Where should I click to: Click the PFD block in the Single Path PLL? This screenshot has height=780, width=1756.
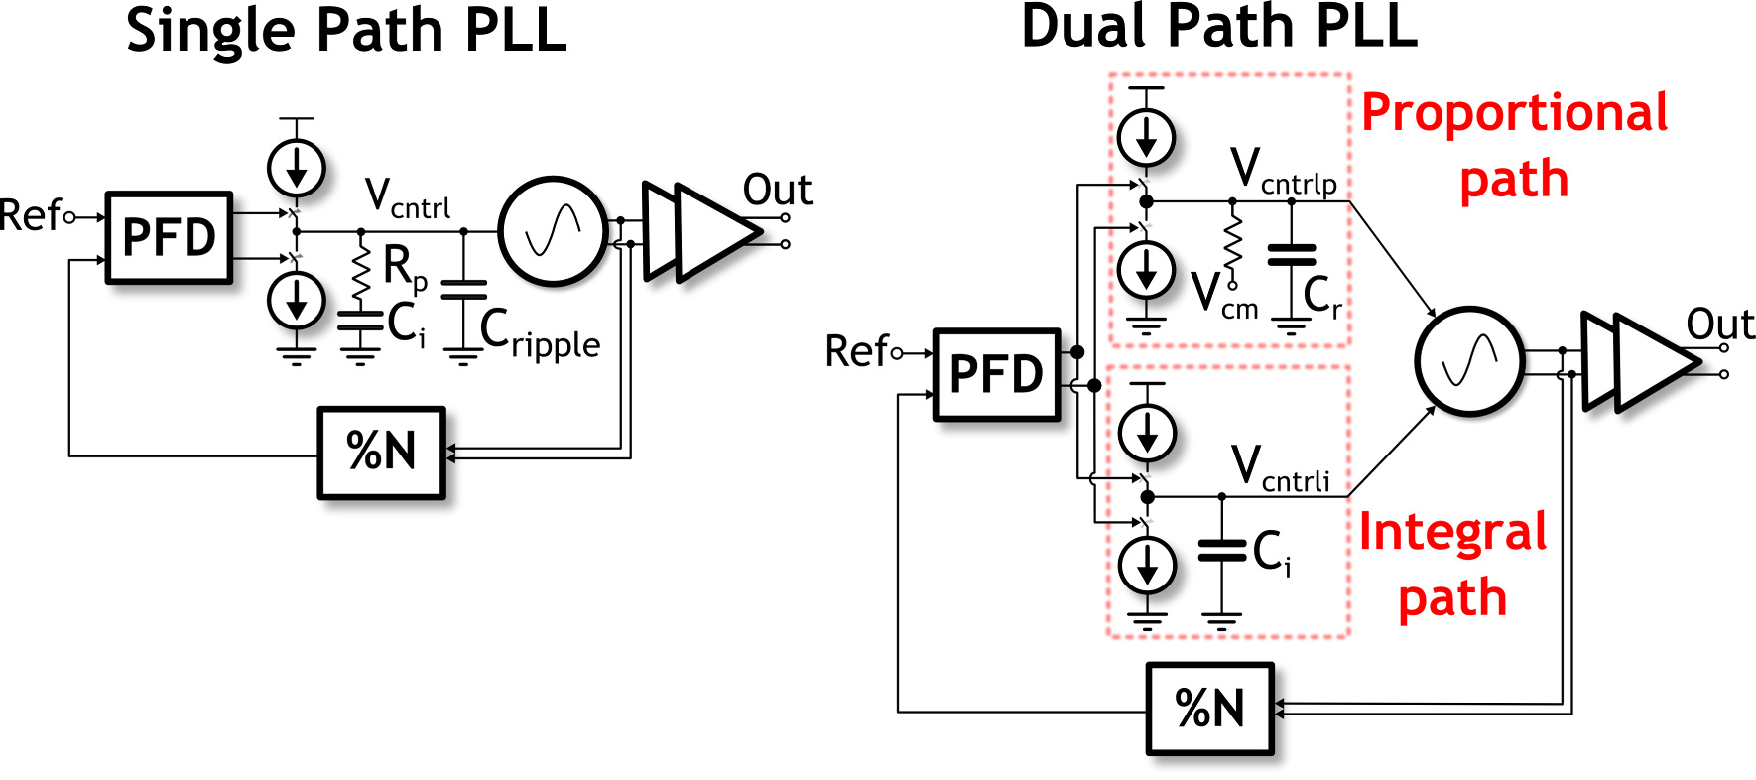(x=170, y=238)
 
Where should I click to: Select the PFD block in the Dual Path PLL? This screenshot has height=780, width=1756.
(x=996, y=375)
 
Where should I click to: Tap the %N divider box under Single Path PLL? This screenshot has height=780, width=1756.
(x=381, y=453)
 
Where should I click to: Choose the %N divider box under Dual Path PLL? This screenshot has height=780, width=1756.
(x=1209, y=709)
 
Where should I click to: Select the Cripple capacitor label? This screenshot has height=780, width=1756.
(x=540, y=333)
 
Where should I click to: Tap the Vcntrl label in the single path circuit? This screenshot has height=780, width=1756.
(x=407, y=197)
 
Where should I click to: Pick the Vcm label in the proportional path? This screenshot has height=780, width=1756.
(x=1224, y=297)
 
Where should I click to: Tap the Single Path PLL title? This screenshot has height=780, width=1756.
(x=345, y=30)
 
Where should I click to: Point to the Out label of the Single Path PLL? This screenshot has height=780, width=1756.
(x=777, y=190)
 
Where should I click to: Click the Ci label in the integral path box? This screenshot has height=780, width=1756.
(x=1272, y=553)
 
